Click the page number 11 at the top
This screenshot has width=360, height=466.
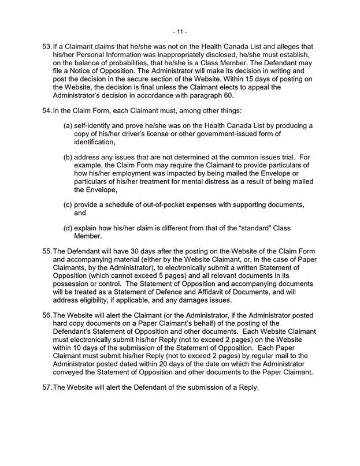pos(180,31)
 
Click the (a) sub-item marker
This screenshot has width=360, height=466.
pos(68,126)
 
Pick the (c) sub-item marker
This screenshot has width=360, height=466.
pos(68,204)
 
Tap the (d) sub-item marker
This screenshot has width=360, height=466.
pos(68,228)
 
